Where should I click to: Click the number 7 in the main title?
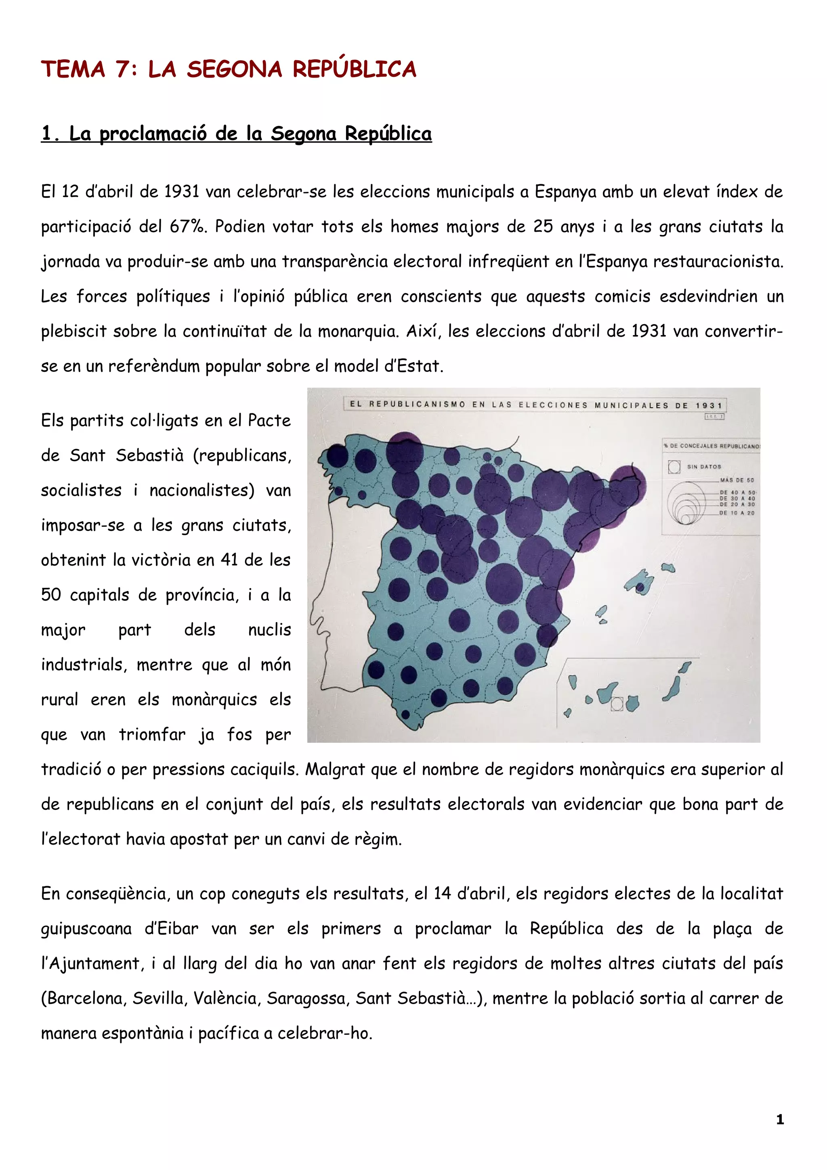[122, 69]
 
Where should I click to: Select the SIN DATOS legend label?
[704, 466]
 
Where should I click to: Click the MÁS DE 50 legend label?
[737, 480]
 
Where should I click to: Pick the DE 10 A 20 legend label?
[737, 513]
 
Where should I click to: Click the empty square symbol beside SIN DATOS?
[674, 467]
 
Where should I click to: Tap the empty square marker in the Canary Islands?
[617, 704]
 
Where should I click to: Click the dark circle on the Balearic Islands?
[640, 587]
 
